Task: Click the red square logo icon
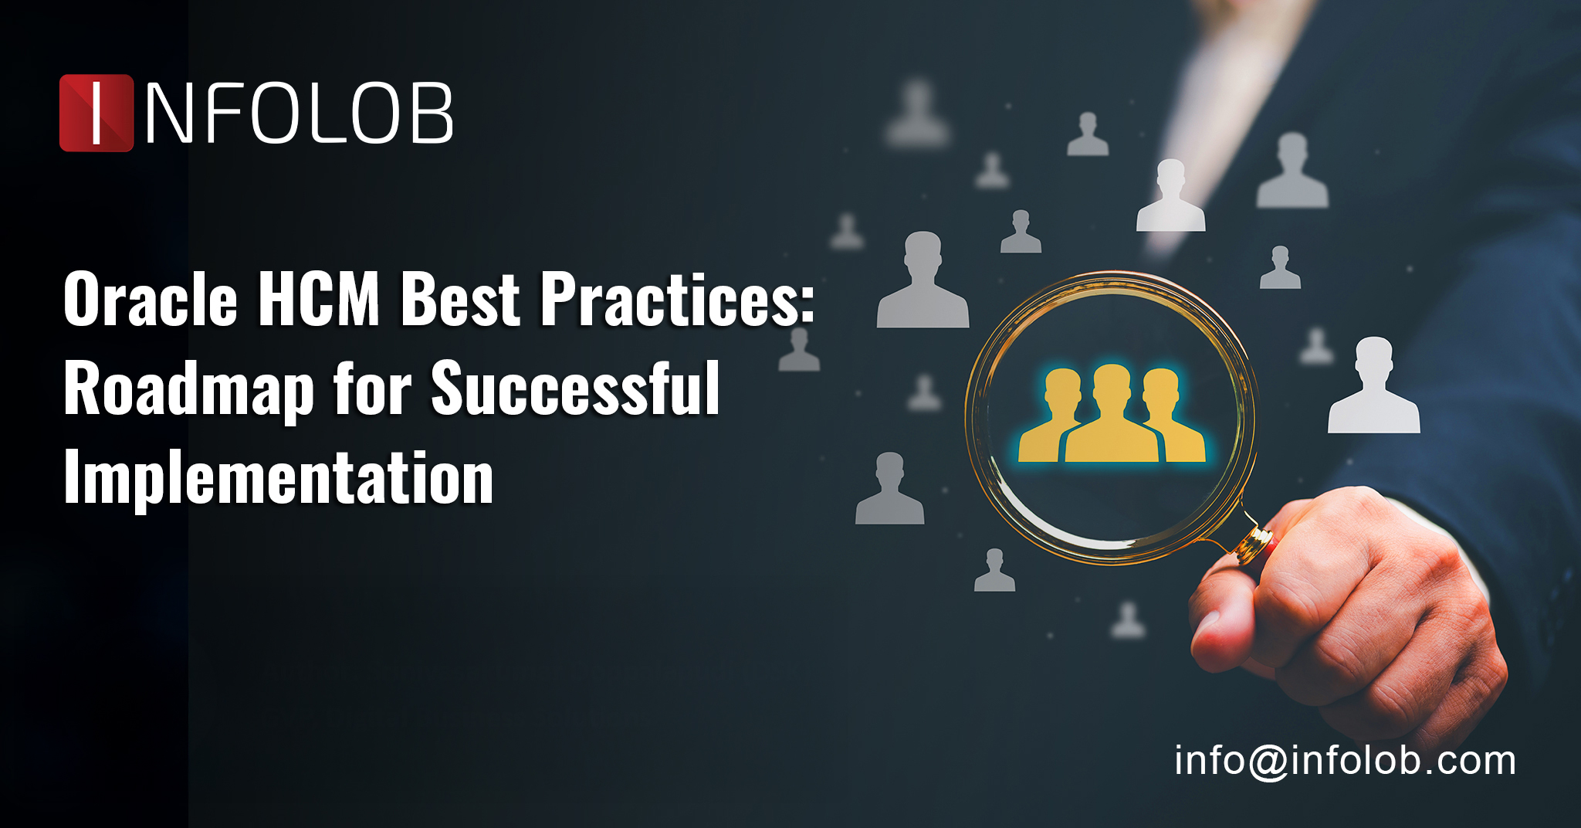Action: coord(96,113)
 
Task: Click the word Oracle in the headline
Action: coord(151,300)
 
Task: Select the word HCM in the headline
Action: coord(319,300)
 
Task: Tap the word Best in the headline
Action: coord(461,300)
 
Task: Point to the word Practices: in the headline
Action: coord(676,300)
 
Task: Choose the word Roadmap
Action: coord(188,390)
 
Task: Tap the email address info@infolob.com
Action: coord(1345,761)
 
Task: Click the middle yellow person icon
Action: coord(1112,417)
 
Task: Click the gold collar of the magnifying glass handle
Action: coord(1252,544)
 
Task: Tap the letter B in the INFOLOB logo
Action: coord(431,114)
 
